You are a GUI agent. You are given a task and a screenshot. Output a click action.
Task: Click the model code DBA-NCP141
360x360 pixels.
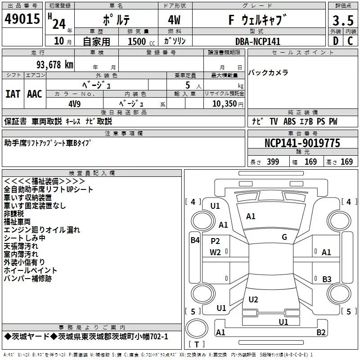click(x=258, y=41)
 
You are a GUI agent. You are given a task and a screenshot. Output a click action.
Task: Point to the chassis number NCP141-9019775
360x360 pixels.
click(x=302, y=143)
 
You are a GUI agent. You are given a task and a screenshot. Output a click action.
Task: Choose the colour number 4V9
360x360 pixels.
click(x=74, y=103)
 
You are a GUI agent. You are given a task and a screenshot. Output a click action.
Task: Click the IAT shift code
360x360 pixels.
click(x=13, y=94)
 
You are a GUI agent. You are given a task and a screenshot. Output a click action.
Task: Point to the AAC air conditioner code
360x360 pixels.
click(x=35, y=94)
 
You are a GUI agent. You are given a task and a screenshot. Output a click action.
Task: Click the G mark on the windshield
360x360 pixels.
click(x=284, y=237)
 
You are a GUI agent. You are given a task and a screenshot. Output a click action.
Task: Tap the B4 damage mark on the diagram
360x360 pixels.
click(x=194, y=240)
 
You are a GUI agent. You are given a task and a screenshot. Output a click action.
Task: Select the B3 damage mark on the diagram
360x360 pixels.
click(x=327, y=279)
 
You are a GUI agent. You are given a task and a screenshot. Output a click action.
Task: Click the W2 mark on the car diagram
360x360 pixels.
click(x=216, y=252)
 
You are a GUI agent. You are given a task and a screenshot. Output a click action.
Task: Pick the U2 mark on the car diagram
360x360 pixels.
click(x=253, y=299)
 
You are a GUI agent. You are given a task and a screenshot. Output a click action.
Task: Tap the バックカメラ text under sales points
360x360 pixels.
click(x=269, y=72)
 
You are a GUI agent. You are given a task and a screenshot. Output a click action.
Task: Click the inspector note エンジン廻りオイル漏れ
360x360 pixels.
click(x=42, y=230)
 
